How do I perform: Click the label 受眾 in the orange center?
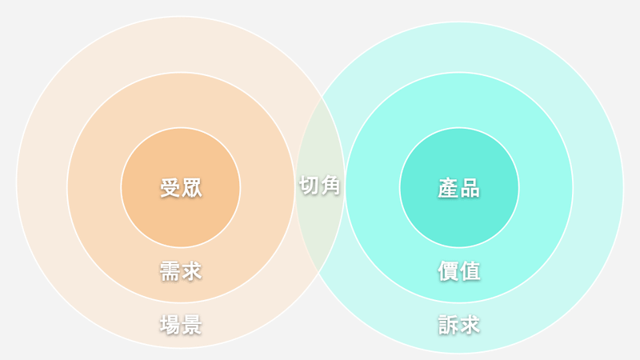point(181,188)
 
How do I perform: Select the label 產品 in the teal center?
point(458,188)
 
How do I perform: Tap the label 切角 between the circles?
point(319,186)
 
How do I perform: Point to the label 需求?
point(181,271)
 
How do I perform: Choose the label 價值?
point(458,271)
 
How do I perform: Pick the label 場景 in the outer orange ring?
point(181,325)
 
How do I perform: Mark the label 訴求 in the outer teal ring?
point(458,325)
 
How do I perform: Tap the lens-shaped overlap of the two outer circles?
point(319,229)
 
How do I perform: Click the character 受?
point(170,188)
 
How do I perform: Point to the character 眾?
point(192,188)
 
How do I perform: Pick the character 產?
point(448,188)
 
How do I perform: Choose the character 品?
point(470,188)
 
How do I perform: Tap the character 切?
point(309,186)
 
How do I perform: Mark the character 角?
point(330,186)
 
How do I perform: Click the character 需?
point(170,271)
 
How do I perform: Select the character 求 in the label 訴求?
point(470,325)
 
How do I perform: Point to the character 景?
point(192,325)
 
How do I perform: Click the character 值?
point(470,271)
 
